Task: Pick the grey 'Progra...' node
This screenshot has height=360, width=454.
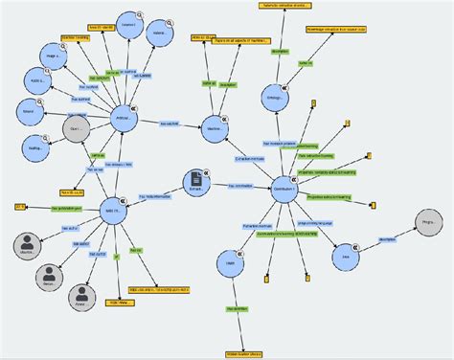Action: (429, 226)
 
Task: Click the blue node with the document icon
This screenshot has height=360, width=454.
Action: (196, 181)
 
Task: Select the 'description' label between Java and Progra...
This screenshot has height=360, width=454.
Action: (388, 239)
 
